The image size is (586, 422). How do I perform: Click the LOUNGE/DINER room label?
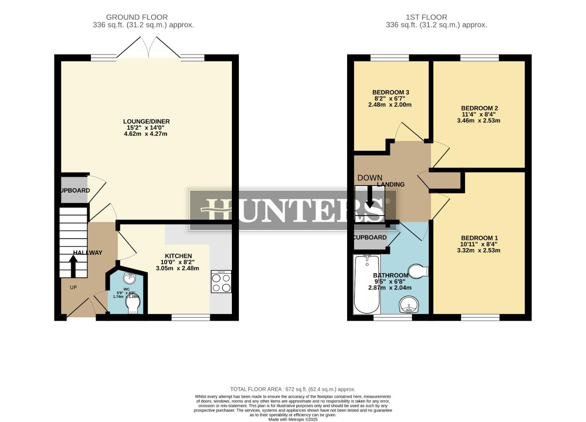point(146,122)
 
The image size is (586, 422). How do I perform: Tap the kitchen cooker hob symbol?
point(221,281)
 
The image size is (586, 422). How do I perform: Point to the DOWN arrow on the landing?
point(369,197)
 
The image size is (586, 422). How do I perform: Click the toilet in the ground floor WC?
point(132,304)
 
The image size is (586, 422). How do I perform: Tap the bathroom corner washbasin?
point(409,304)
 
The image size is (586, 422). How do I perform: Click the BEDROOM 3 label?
point(390,92)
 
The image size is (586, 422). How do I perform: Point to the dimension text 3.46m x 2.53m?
point(478,121)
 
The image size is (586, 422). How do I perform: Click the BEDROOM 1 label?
point(479,238)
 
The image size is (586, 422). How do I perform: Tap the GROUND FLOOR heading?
point(137,17)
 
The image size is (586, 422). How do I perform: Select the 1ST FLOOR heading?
point(426,17)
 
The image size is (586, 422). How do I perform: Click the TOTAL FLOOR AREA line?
point(293,389)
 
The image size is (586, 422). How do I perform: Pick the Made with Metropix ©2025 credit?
point(293,420)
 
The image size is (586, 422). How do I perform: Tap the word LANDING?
point(391,184)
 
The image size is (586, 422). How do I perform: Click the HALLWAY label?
point(88,253)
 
